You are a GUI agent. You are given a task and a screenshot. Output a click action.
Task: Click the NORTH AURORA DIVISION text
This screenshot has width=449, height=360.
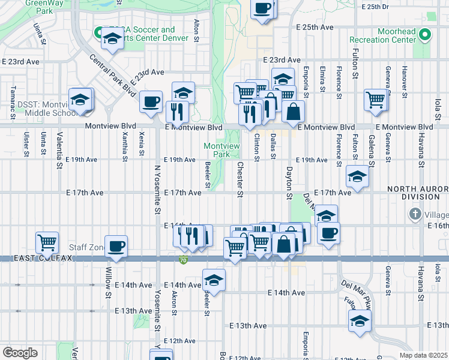(418, 193)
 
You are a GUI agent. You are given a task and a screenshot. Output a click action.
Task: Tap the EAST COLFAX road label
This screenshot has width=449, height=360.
(36, 258)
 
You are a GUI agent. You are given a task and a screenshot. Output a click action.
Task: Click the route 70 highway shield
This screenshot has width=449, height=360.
(183, 260)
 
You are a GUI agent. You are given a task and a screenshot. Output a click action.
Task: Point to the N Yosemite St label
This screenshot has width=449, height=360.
(158, 191)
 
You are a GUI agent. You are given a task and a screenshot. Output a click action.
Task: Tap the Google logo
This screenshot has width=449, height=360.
(20, 352)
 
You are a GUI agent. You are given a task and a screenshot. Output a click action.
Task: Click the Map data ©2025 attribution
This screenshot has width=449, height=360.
(423, 355)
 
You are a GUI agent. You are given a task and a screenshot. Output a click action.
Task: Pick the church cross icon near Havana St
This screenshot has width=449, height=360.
(414, 214)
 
